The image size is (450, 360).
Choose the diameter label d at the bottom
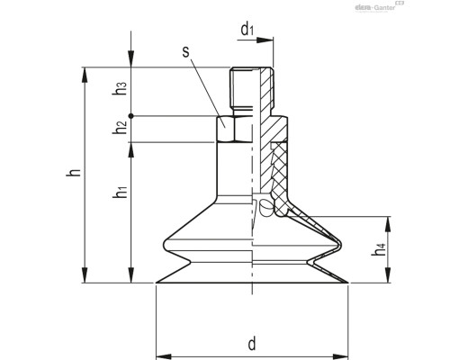coord(252,342)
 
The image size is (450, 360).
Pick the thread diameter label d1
coord(247,30)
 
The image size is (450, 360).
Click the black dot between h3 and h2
coord(131,116)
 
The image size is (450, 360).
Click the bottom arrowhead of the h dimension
coord(85,279)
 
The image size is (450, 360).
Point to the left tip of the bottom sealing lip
coord(157,283)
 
